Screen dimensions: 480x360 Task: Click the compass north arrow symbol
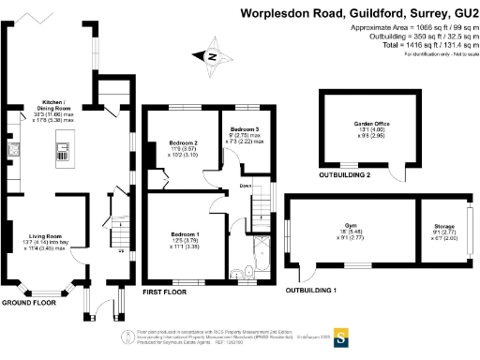tap(213, 58)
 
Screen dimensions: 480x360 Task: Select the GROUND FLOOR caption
tap(26, 304)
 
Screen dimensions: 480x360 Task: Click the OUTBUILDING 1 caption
tap(311, 291)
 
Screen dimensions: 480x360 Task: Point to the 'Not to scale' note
tap(454, 54)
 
